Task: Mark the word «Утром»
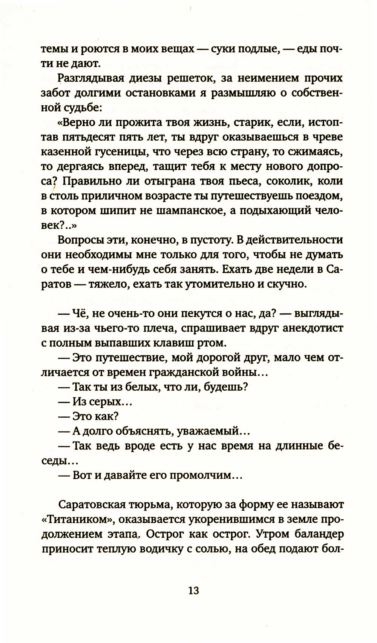[270, 534]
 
